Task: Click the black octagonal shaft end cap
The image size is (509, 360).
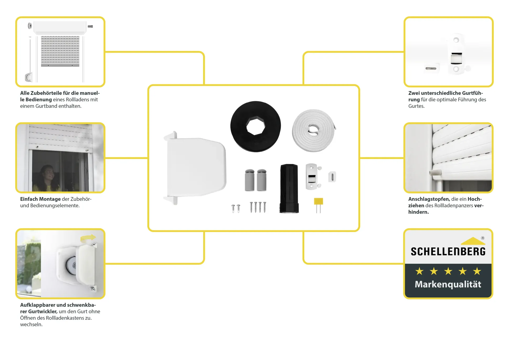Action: click(289, 188)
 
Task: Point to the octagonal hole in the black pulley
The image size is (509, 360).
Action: click(256, 126)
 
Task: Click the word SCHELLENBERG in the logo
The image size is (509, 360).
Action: click(448, 252)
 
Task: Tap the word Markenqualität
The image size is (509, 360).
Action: click(448, 284)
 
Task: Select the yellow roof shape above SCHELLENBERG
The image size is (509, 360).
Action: click(473, 241)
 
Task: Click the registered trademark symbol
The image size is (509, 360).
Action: click(483, 238)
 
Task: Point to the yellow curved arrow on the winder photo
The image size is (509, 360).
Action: click(88, 238)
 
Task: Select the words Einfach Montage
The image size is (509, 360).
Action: click(40, 199)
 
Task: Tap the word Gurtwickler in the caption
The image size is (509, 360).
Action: click(43, 311)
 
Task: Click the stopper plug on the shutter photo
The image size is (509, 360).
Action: click(435, 172)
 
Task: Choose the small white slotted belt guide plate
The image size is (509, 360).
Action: click(332, 177)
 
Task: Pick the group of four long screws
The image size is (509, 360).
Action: click(258, 207)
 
